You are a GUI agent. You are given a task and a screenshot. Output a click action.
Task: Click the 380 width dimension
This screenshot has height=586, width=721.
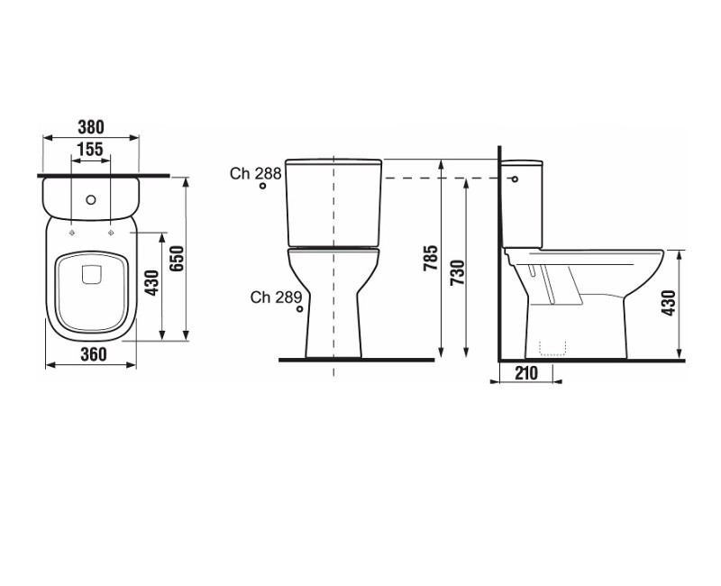tap(91, 127)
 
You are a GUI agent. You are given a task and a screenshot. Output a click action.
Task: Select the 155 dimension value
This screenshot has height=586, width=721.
tap(90, 149)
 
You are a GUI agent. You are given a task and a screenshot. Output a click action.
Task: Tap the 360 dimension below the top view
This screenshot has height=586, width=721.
tap(89, 354)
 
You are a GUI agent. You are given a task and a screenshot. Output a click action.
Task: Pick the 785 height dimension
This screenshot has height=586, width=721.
tap(431, 259)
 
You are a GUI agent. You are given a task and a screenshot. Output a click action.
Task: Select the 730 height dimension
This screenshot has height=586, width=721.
tap(457, 270)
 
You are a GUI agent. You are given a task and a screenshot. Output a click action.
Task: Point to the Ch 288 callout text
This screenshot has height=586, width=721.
tap(255, 173)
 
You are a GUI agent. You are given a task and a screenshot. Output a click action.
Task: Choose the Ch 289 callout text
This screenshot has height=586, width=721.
tap(275, 297)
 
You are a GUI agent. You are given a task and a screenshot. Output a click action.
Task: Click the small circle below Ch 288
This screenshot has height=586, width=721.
tap(262, 188)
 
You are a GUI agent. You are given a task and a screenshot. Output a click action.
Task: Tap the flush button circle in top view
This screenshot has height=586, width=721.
tap(90, 197)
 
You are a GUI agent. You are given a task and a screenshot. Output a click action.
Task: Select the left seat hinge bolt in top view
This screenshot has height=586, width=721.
tap(70, 231)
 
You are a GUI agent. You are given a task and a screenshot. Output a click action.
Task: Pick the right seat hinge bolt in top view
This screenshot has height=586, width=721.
tap(111, 231)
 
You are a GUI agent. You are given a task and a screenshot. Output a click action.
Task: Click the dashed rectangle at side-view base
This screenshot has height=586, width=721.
tap(552, 348)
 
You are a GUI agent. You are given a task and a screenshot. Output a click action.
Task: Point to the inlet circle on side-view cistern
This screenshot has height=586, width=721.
tap(516, 179)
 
